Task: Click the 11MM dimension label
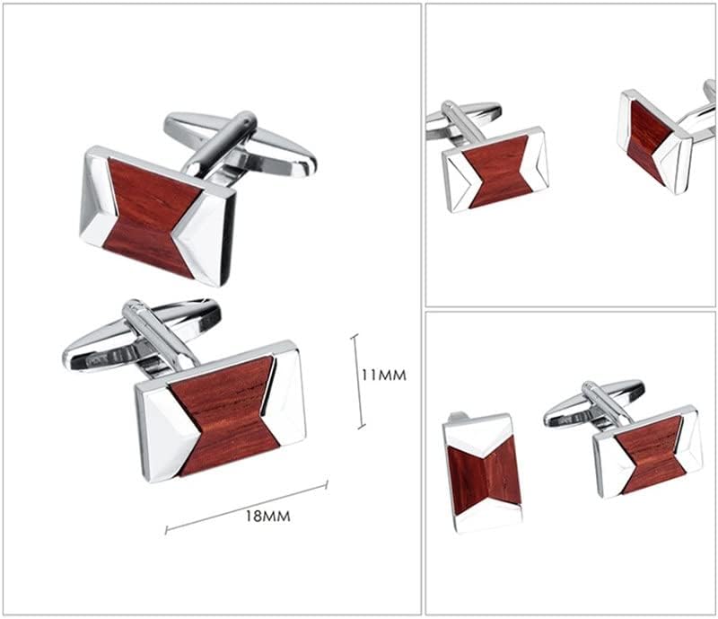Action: tap(384, 375)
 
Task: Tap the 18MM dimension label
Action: tap(267, 517)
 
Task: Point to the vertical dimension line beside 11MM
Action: tap(358, 382)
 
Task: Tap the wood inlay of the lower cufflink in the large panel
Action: tap(224, 416)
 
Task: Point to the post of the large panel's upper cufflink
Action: tap(221, 146)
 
